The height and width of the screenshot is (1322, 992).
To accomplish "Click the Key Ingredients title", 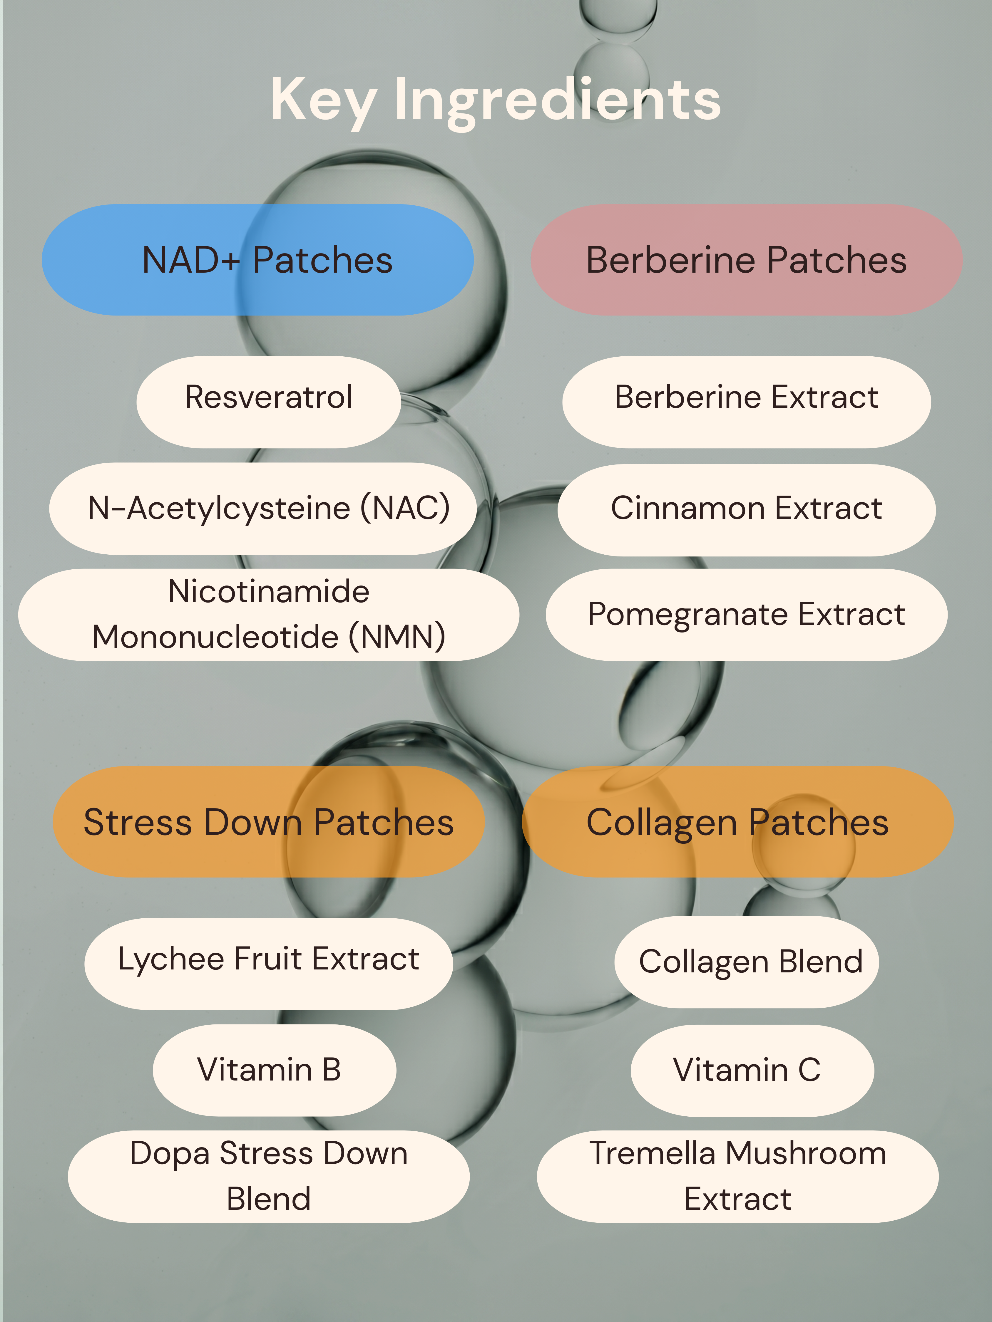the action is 496,100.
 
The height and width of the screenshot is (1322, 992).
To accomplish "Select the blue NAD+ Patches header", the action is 258,260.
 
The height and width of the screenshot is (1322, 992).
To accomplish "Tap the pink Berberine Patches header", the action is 746,260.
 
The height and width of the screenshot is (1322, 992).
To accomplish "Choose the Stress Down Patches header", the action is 268,822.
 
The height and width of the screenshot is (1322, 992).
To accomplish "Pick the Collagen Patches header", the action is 738,822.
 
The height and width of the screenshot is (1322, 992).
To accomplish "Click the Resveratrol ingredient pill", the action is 268,402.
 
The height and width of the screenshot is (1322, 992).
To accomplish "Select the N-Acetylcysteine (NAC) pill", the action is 263,509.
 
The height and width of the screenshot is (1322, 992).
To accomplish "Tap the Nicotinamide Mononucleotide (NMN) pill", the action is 268,614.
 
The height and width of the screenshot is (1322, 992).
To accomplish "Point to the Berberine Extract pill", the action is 746,402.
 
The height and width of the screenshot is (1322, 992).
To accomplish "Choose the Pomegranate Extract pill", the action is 746,614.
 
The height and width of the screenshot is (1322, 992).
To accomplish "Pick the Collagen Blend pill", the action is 746,962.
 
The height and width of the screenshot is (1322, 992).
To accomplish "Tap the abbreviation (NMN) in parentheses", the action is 397,637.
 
